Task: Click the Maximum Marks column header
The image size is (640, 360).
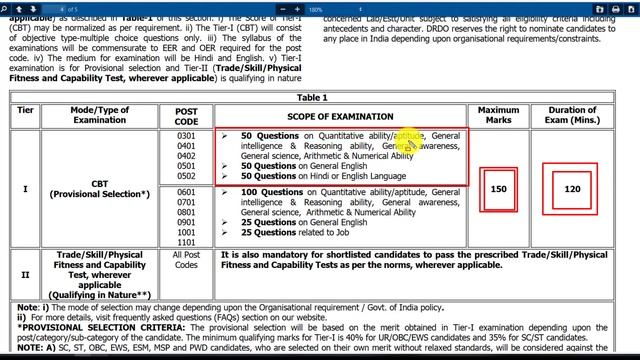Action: coord(498,115)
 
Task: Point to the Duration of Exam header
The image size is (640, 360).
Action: coord(572,115)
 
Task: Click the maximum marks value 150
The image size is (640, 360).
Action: coord(498,189)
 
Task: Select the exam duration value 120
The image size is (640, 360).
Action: coord(572,189)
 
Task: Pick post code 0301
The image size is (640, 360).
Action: coord(186,135)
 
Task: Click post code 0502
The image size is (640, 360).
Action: coord(186,177)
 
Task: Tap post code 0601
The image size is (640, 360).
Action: coord(186,192)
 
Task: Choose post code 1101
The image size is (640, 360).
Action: coord(186,242)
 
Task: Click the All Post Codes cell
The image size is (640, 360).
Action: coord(186,261)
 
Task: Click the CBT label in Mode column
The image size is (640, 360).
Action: coord(100,182)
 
